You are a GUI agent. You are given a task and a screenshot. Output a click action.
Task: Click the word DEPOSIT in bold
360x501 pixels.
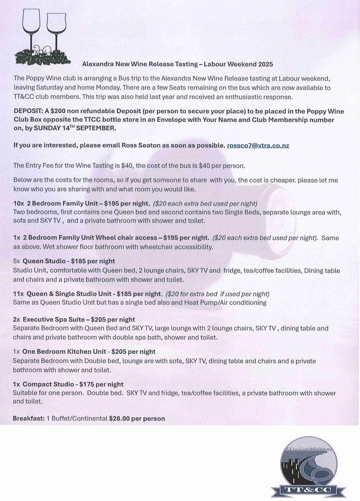[x=28, y=112]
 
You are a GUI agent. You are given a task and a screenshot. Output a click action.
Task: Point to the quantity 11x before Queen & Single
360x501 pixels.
[x=18, y=294]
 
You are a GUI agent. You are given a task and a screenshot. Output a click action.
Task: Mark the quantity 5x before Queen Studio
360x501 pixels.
[x=17, y=261]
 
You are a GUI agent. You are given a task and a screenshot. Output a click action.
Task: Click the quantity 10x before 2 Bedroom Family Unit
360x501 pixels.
[x=19, y=203]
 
